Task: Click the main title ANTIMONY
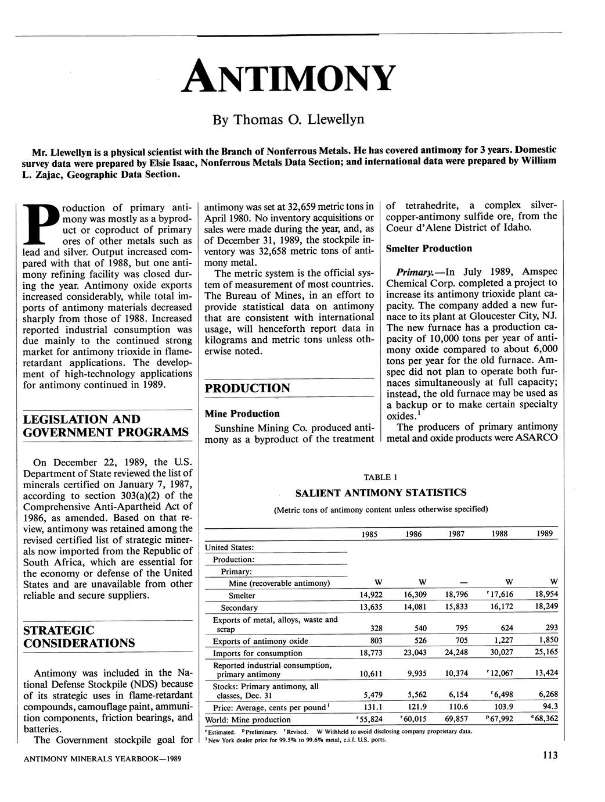pyautogui.click(x=289, y=78)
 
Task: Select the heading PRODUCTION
pyautogui.click(x=248, y=388)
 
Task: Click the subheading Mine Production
pyautogui.click(x=242, y=414)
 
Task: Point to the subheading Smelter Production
pyautogui.click(x=429, y=249)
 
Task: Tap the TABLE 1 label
pyautogui.click(x=380, y=477)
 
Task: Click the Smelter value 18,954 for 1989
pyautogui.click(x=543, y=595)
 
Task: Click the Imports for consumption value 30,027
pyautogui.click(x=500, y=653)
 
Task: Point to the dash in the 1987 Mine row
pyautogui.click(x=458, y=582)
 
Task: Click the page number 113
pyautogui.click(x=549, y=756)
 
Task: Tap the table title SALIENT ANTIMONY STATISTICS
pyautogui.click(x=381, y=493)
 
